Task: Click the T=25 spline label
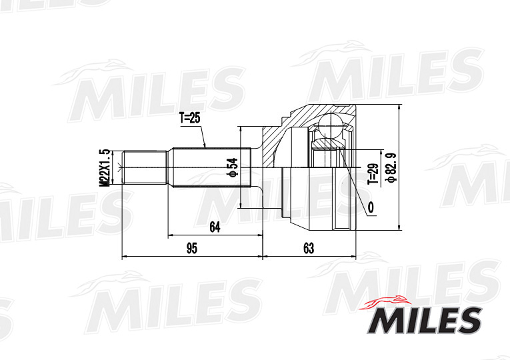189,119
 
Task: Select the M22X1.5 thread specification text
104,167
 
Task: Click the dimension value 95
191,249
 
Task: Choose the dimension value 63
309,249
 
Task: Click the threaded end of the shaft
144,167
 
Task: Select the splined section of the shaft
210,167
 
